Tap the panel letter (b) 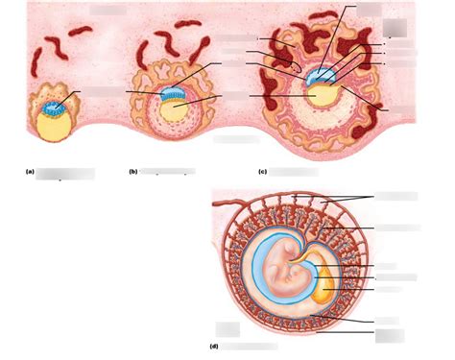click(132, 171)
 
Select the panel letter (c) click(262, 171)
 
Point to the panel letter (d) click(212, 345)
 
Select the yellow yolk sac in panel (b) click(174, 110)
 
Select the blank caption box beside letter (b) click(167, 172)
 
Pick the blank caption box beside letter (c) click(294, 172)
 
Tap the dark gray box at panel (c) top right click(393, 28)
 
